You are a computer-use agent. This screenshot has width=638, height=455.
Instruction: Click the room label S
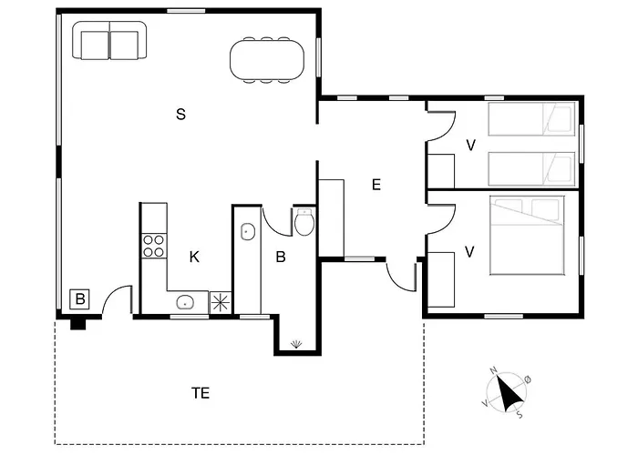[181, 114]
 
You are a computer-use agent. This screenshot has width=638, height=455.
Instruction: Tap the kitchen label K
[194, 257]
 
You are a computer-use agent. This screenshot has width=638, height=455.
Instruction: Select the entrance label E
[376, 185]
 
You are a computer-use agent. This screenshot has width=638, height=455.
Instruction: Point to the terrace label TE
[201, 393]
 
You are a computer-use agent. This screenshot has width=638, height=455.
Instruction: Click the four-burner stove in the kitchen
[154, 246]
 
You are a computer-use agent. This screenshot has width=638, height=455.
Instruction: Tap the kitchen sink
[185, 302]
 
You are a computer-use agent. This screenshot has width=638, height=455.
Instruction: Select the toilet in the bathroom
[304, 222]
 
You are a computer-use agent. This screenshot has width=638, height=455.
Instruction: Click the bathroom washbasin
[247, 232]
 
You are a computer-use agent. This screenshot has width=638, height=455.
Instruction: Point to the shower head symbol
[296, 345]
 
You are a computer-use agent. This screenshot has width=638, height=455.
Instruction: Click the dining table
[267, 60]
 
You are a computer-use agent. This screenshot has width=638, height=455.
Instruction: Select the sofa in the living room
[109, 41]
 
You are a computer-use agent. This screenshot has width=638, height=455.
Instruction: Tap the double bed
[528, 235]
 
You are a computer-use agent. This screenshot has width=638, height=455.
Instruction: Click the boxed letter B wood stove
[80, 299]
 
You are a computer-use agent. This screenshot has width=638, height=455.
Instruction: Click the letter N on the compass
[494, 370]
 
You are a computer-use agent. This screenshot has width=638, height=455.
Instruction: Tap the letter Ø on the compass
[528, 379]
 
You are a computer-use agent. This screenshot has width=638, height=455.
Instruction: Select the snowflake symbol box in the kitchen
[221, 303]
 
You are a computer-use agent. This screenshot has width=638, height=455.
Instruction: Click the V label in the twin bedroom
[471, 145]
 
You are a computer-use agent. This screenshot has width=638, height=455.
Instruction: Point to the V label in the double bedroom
[469, 252]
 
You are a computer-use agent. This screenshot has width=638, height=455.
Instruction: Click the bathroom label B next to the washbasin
[281, 257]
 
